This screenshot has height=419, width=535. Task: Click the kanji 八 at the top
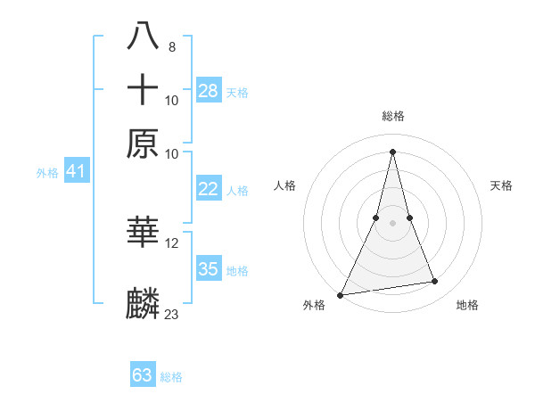tap(144, 36)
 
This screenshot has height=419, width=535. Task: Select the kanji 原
tap(144, 144)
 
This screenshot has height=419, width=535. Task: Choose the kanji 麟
tap(144, 303)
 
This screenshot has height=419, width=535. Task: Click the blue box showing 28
tap(209, 90)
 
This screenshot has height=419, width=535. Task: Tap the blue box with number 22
tap(209, 189)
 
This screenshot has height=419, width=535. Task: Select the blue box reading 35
tap(209, 269)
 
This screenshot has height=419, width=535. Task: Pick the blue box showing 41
tap(76, 171)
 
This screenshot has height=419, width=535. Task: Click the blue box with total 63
tap(143, 375)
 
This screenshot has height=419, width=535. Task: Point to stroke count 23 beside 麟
tap(171, 314)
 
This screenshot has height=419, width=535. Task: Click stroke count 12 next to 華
tap(171, 243)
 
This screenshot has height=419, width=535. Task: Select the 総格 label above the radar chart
tap(392, 116)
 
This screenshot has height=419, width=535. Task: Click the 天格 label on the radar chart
tap(501, 185)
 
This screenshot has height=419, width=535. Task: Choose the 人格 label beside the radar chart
tap(284, 185)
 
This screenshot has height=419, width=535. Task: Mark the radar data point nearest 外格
tap(341, 294)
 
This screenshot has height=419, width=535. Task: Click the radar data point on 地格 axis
tap(435, 282)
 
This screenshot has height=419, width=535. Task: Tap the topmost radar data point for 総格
tap(392, 151)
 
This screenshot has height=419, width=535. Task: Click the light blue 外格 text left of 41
tap(46, 173)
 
